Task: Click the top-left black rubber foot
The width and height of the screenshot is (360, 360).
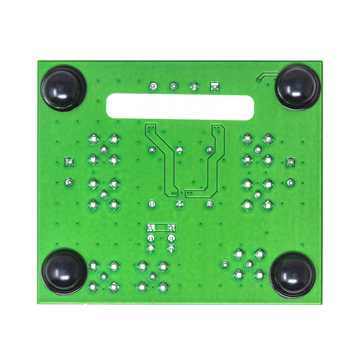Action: tap(62, 87)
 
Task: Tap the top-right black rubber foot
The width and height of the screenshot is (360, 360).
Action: tap(298, 87)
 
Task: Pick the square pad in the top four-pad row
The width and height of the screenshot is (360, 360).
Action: tap(214, 86)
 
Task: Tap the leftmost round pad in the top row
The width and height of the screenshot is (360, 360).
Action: tap(152, 86)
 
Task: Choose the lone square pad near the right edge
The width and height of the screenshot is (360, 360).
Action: tap(290, 162)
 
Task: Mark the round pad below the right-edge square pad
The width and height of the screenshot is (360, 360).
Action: tap(290, 182)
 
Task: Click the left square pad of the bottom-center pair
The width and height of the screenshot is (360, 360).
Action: tap(151, 228)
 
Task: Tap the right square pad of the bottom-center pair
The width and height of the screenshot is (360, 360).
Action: tap(171, 228)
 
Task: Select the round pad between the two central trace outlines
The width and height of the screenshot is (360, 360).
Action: tap(179, 150)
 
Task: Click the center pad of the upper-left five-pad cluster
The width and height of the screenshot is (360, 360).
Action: tap(103, 149)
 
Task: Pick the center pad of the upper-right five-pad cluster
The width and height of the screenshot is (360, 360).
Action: tap(258, 150)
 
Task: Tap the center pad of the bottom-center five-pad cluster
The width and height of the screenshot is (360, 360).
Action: tap(152, 276)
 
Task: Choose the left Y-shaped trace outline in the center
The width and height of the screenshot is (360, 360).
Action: tap(159, 157)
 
